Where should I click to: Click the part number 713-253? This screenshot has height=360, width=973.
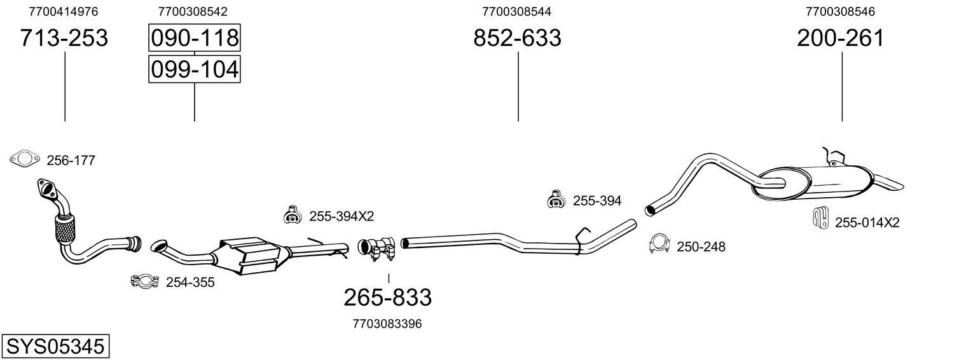pyautogui.click(x=64, y=38)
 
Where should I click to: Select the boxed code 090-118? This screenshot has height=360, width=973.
pyautogui.click(x=194, y=38)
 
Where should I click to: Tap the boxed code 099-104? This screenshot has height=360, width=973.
pyautogui.click(x=194, y=69)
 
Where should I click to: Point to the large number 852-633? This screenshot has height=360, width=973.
pyautogui.click(x=517, y=38)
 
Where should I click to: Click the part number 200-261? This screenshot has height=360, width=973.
pyautogui.click(x=841, y=38)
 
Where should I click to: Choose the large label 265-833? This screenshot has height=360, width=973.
pyautogui.click(x=387, y=297)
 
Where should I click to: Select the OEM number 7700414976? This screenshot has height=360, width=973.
pyautogui.click(x=64, y=11)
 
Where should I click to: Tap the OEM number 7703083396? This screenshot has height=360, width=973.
pyautogui.click(x=387, y=324)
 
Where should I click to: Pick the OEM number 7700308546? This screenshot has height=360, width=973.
pyautogui.click(x=840, y=11)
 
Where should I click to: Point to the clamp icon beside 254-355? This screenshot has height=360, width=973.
pyautogui.click(x=145, y=281)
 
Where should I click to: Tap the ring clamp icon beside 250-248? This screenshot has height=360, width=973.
pyautogui.click(x=660, y=244)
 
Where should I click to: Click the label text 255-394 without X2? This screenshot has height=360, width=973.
pyautogui.click(x=597, y=201)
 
